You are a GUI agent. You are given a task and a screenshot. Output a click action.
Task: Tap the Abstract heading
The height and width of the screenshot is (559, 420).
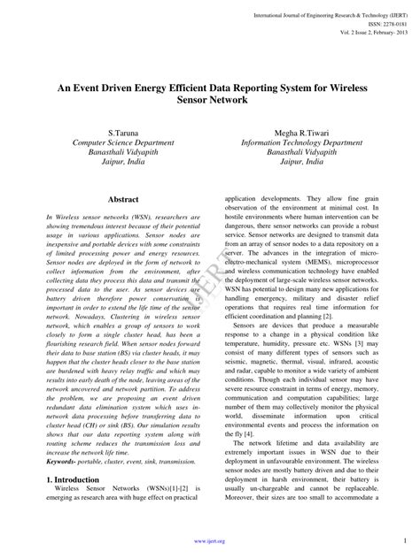[x=123, y=200]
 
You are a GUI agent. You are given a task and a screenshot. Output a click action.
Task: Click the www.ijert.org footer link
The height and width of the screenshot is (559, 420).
[x=210, y=540]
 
